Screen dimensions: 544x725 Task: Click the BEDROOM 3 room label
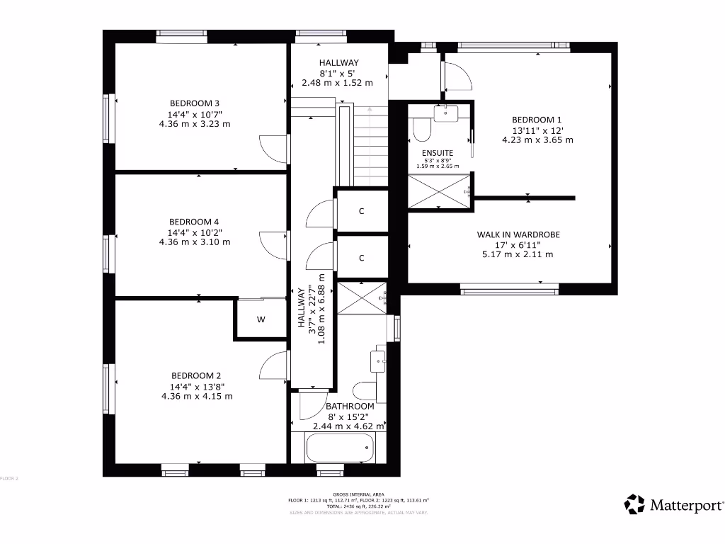[x=195, y=103]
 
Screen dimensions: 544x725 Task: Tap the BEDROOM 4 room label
[x=195, y=221]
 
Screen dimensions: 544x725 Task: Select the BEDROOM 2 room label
[x=196, y=375]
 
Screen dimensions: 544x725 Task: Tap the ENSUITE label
[x=437, y=153]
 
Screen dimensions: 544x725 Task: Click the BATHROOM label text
[x=350, y=407]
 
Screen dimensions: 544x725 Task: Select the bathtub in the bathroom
[x=339, y=447]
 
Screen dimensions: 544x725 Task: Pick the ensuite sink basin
[x=447, y=113]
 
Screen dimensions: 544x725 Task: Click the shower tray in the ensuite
[x=439, y=191]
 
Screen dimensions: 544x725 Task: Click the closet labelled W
[x=261, y=319]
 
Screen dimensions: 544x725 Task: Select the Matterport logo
[x=675, y=505]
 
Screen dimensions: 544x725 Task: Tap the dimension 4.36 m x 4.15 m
[x=196, y=396]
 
